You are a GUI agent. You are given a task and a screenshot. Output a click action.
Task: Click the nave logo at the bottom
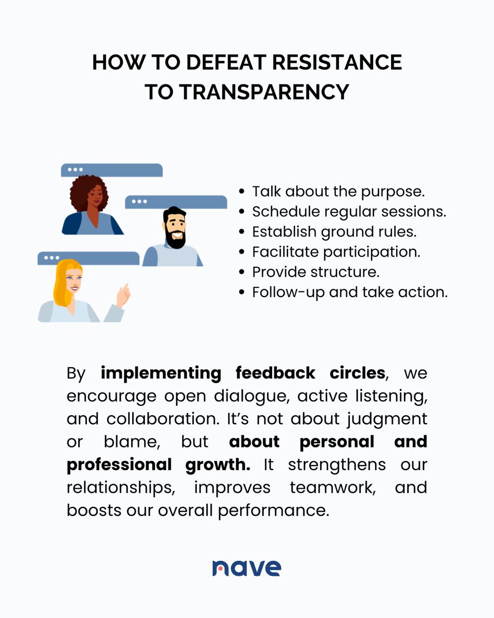point(246,567)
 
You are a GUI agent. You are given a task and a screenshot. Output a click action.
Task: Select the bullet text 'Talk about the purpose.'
point(338,192)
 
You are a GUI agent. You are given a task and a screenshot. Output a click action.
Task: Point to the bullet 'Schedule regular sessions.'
point(349,212)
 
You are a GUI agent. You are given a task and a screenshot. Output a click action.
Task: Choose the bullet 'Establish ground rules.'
point(334,232)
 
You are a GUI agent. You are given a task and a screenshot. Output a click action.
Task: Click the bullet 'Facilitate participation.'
point(336,252)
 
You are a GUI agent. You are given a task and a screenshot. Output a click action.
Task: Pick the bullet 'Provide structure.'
point(315,272)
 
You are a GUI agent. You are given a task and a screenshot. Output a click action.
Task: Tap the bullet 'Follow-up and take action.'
point(349,292)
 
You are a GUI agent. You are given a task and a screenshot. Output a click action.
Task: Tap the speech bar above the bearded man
point(176,201)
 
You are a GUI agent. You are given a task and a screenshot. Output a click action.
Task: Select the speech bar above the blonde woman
point(89,257)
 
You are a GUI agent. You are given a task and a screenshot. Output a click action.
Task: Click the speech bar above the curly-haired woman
point(112,169)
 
